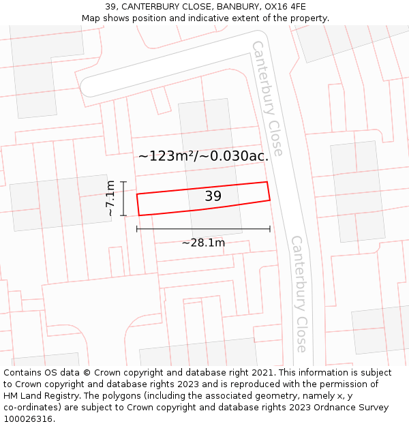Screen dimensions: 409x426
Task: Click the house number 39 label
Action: [x=213, y=196]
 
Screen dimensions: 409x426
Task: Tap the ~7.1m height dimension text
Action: [x=110, y=198]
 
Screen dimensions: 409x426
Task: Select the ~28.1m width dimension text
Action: [x=203, y=242]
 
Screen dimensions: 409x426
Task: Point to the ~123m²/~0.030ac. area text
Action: [x=202, y=155]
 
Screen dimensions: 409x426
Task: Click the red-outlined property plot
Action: [x=170, y=202]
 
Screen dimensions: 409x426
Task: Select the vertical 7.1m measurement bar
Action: [x=123, y=198]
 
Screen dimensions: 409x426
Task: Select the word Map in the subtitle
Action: [x=91, y=18]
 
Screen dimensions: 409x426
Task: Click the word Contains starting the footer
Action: [x=22, y=373]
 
